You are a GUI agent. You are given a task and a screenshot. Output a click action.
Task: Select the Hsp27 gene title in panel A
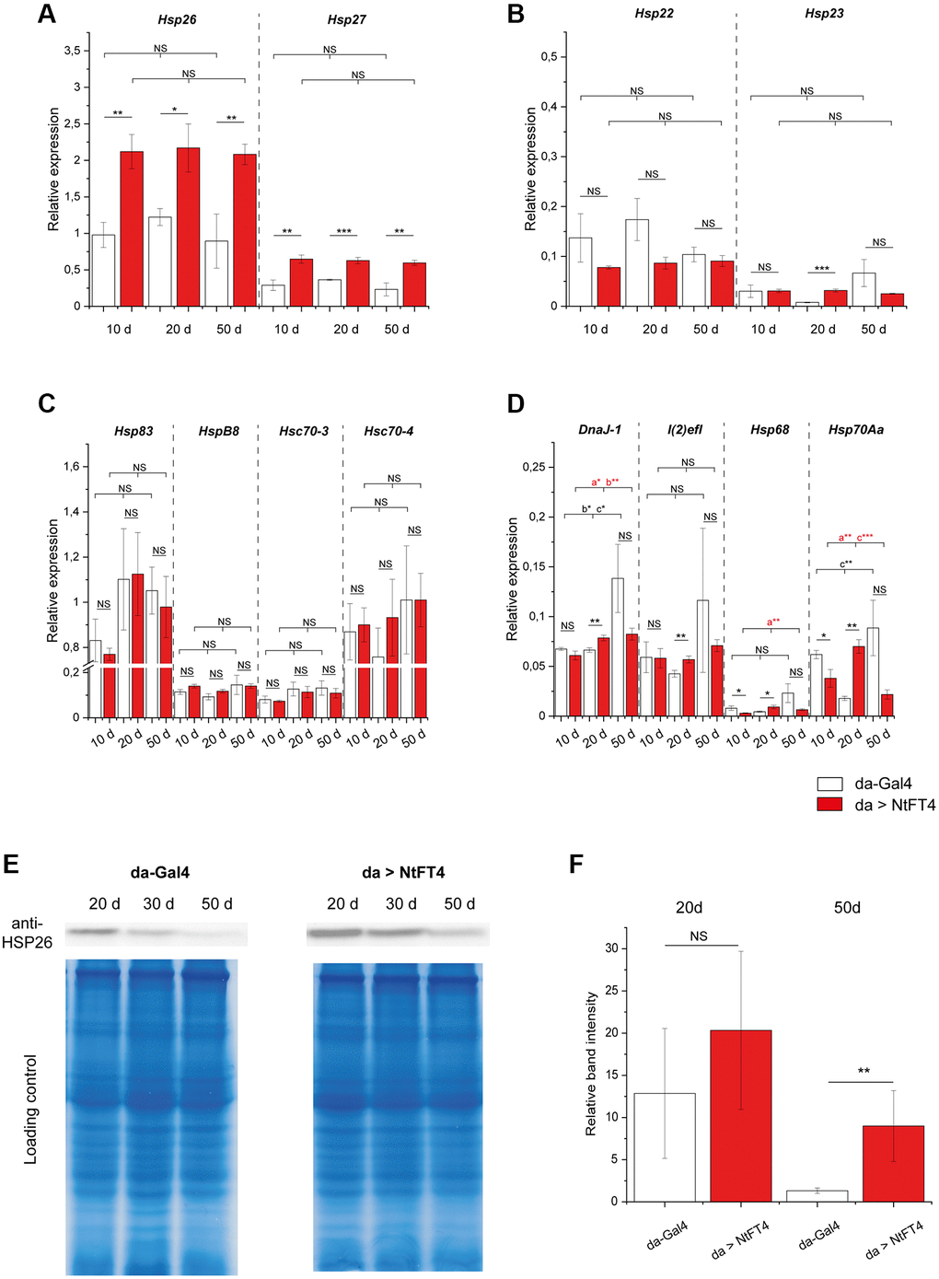[346, 20]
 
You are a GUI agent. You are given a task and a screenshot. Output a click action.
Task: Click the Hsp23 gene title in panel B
[824, 14]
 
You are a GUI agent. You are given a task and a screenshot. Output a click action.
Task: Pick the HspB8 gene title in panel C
[219, 431]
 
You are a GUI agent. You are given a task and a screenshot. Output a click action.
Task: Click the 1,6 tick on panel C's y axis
[72, 467]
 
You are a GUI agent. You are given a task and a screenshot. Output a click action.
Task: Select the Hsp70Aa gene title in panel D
[855, 430]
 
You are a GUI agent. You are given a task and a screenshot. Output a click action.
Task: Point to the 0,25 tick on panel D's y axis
[533, 468]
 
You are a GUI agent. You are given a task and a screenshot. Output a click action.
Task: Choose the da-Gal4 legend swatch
[829, 784]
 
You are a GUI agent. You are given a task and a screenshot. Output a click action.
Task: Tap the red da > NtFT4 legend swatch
[829, 804]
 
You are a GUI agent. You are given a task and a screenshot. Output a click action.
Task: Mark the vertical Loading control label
[31, 1109]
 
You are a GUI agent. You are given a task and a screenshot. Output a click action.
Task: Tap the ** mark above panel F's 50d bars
[864, 1072]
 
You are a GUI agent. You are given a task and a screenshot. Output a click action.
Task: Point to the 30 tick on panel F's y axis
[611, 948]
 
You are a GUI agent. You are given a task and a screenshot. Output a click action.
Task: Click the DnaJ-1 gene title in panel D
[599, 430]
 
